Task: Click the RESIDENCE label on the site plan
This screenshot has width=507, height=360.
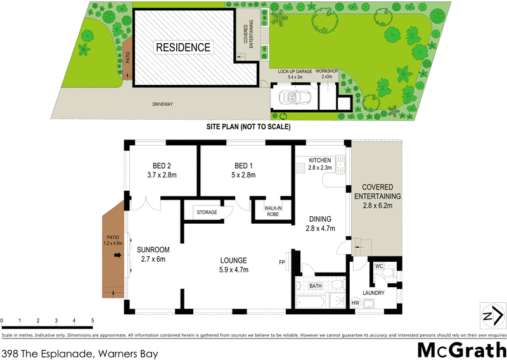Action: (183, 48)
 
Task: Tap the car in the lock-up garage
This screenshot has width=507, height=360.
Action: (292, 98)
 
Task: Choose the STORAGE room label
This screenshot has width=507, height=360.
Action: (207, 212)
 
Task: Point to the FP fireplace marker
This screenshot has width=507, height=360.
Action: (281, 262)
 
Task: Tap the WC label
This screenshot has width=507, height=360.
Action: (379, 266)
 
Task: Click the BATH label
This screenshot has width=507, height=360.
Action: (316, 286)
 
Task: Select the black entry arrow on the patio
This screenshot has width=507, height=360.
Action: (117, 255)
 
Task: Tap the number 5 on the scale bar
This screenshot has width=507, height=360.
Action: (93, 320)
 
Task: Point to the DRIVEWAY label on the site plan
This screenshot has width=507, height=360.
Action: (162, 104)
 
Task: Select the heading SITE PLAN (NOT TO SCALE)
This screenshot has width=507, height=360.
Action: (248, 127)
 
